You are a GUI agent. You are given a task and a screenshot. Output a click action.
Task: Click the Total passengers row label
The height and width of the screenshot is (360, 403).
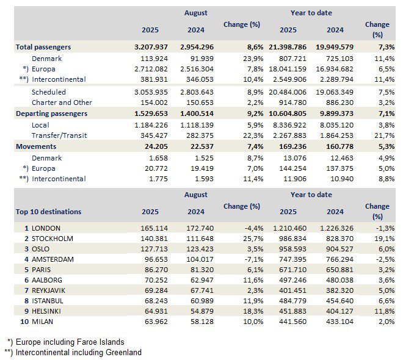[43, 47]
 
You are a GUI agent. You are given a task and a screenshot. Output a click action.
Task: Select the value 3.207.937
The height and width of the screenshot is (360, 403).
[151, 47]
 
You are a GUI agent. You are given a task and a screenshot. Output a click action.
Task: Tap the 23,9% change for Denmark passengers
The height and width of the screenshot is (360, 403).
[253, 59]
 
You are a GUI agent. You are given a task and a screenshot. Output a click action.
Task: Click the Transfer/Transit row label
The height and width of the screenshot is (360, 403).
[59, 135]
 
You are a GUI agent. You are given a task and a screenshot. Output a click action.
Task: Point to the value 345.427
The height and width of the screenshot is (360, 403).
[154, 135]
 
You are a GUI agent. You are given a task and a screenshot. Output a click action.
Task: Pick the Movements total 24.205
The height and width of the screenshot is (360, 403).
[156, 146]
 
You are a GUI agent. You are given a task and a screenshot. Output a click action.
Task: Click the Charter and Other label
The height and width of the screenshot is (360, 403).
[62, 103]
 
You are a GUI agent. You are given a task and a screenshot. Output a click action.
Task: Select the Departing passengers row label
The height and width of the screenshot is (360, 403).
[52, 113]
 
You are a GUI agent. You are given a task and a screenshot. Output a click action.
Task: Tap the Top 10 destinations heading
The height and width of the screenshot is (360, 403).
[49, 212]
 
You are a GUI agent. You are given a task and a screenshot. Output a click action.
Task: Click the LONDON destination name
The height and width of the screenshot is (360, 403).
[46, 228]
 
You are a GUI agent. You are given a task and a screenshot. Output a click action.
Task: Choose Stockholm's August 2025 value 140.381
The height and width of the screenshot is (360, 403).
[154, 239]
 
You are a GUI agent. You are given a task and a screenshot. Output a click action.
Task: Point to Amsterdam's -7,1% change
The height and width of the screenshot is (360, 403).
[254, 259]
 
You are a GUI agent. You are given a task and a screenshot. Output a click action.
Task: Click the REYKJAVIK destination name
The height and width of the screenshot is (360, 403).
[48, 290]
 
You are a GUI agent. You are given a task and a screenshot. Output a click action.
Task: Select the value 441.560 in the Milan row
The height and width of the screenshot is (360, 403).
[292, 322]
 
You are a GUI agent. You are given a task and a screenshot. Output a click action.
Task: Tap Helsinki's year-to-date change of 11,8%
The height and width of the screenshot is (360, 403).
[385, 311]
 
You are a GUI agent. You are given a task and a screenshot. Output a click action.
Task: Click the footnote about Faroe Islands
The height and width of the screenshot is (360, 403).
[66, 342]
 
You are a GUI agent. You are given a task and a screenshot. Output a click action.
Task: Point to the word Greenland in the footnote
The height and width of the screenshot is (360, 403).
[123, 352]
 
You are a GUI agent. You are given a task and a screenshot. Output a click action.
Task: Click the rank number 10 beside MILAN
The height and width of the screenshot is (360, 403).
[24, 322]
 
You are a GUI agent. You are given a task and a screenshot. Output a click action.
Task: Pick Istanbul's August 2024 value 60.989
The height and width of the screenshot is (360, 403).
[202, 301]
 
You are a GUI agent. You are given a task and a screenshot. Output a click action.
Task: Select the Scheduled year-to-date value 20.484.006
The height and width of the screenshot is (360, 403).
[288, 92]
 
